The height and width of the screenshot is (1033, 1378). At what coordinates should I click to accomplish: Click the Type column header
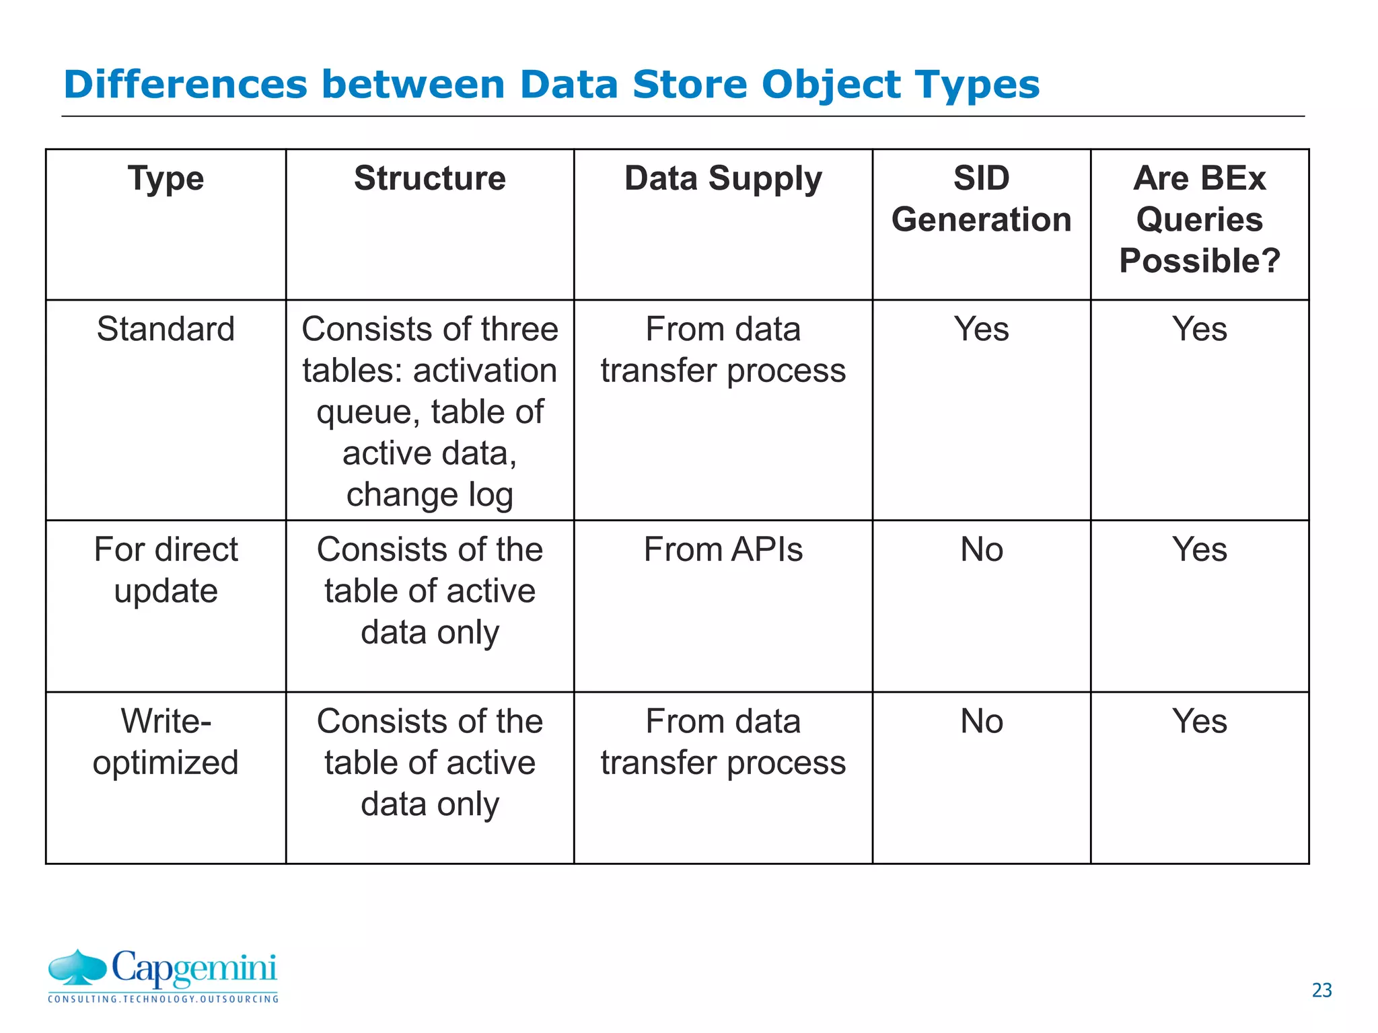(x=166, y=179)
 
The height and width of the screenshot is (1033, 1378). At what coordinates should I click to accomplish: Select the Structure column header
(x=429, y=179)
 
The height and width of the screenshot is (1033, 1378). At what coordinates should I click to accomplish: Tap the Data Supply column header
(x=723, y=179)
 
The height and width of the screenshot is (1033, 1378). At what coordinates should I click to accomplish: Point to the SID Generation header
(x=981, y=199)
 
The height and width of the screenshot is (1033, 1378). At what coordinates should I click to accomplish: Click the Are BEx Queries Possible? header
(x=1199, y=219)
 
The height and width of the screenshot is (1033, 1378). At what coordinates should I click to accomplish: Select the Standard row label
(x=166, y=330)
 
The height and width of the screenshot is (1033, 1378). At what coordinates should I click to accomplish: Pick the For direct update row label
(x=166, y=570)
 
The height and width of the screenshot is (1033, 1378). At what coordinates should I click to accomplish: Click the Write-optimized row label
(x=166, y=741)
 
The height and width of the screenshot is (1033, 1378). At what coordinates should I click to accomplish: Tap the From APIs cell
(x=723, y=549)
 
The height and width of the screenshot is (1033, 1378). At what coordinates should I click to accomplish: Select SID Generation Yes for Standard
(x=981, y=330)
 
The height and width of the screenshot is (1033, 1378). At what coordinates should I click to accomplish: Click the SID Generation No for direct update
(x=981, y=549)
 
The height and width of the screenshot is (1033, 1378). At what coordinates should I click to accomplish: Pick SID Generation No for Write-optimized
(x=981, y=722)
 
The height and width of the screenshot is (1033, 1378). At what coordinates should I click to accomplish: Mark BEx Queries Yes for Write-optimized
(x=1199, y=722)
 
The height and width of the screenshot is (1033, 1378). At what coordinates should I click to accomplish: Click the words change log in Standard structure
(x=429, y=495)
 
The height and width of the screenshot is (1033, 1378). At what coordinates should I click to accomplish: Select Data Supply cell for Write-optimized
(x=723, y=741)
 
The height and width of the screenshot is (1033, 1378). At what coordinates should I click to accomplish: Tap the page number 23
(x=1321, y=990)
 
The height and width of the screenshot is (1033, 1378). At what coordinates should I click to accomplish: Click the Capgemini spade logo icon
(x=77, y=968)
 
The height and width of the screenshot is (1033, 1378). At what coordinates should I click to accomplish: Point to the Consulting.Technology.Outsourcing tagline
(x=163, y=999)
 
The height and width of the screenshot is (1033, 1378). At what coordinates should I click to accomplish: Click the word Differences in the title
(x=184, y=85)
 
